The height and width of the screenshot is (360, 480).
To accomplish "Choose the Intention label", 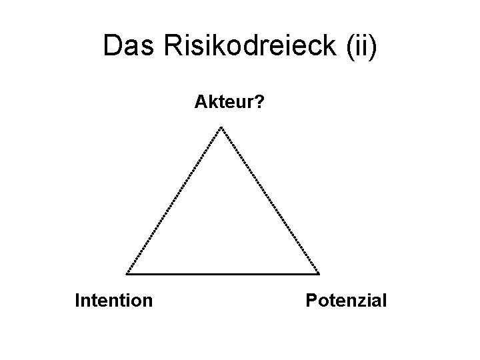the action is [x=114, y=301].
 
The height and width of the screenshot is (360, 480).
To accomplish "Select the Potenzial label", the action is [x=346, y=301].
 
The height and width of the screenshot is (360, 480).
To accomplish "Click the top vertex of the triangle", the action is [x=221, y=127].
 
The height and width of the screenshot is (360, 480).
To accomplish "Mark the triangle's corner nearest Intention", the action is [x=127, y=273].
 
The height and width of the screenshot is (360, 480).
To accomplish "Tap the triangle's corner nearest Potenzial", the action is [x=318, y=273].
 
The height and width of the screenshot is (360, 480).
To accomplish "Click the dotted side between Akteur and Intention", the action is [x=174, y=200].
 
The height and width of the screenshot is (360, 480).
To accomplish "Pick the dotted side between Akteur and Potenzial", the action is [x=270, y=200].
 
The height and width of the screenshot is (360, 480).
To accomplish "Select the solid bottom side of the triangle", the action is [x=222, y=274].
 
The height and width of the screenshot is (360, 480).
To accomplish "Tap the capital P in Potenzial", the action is [x=311, y=301].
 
